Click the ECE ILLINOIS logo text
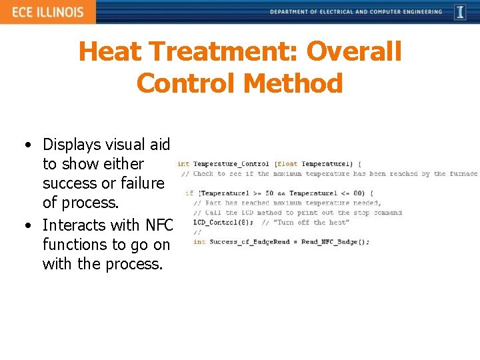tap(47, 12)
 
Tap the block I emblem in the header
tap(460, 12)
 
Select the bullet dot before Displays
tap(25, 145)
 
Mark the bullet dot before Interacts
tap(25, 225)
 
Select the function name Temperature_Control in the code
tap(231, 163)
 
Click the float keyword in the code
tap(288, 163)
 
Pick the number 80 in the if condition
tap(357, 193)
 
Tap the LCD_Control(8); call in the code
tap(223, 222)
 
